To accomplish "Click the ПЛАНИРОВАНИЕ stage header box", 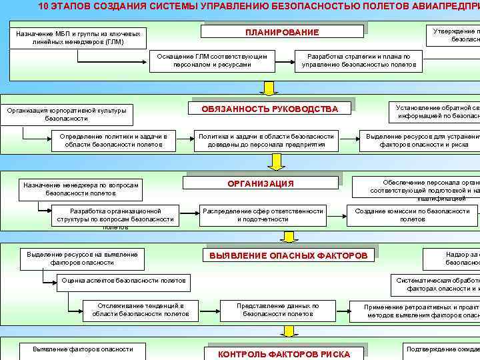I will point(282,32).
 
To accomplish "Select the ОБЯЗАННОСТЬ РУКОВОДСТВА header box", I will point(270,109).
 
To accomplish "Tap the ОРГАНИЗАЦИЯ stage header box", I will point(261,183).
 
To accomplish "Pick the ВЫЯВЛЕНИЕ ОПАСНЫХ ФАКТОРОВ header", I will point(288,255).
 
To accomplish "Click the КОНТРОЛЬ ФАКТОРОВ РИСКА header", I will point(283,354).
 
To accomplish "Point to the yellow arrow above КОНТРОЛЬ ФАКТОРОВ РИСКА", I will point(288,331).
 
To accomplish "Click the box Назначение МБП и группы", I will point(78,37).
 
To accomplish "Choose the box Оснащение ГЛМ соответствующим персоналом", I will point(212,61).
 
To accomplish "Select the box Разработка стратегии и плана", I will point(359,61).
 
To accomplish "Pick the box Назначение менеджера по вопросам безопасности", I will point(80,189).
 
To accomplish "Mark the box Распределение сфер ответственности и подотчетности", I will point(262,215).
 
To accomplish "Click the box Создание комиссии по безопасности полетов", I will point(412,215).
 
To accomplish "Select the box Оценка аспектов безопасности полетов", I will point(123,281).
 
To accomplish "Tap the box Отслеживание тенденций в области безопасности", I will point(140,309).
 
